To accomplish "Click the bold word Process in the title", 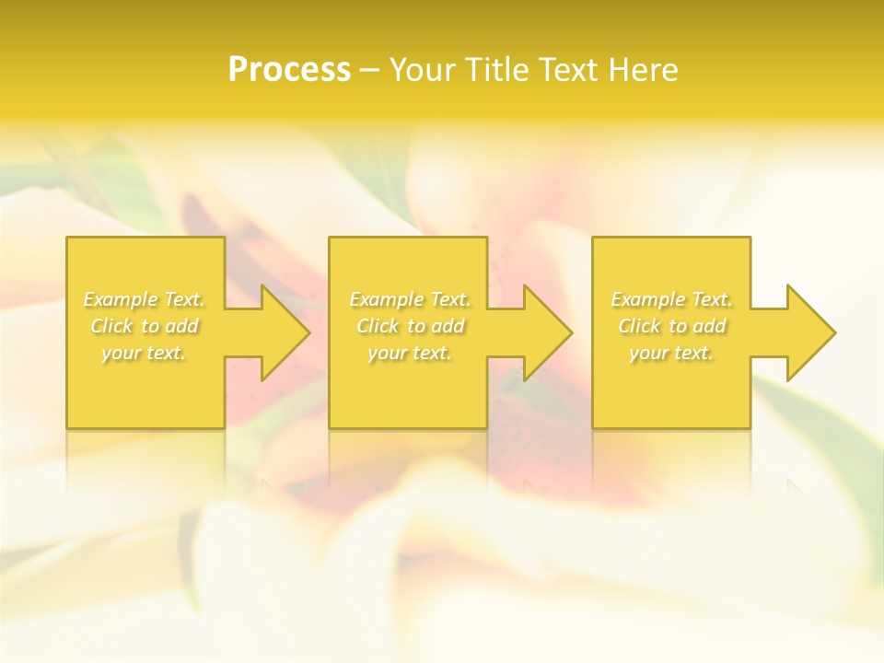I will click(x=289, y=70).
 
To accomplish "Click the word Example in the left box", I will click(x=121, y=299).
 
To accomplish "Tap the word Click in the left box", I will click(x=111, y=326).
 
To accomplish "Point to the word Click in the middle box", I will click(x=378, y=326).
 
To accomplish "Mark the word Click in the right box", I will click(x=639, y=326).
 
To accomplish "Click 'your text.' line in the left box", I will click(x=144, y=353).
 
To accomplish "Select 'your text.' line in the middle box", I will click(x=410, y=353).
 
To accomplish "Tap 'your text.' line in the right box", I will click(x=671, y=353).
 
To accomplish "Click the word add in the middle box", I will click(x=448, y=326).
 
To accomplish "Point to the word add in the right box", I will click(x=709, y=326).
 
